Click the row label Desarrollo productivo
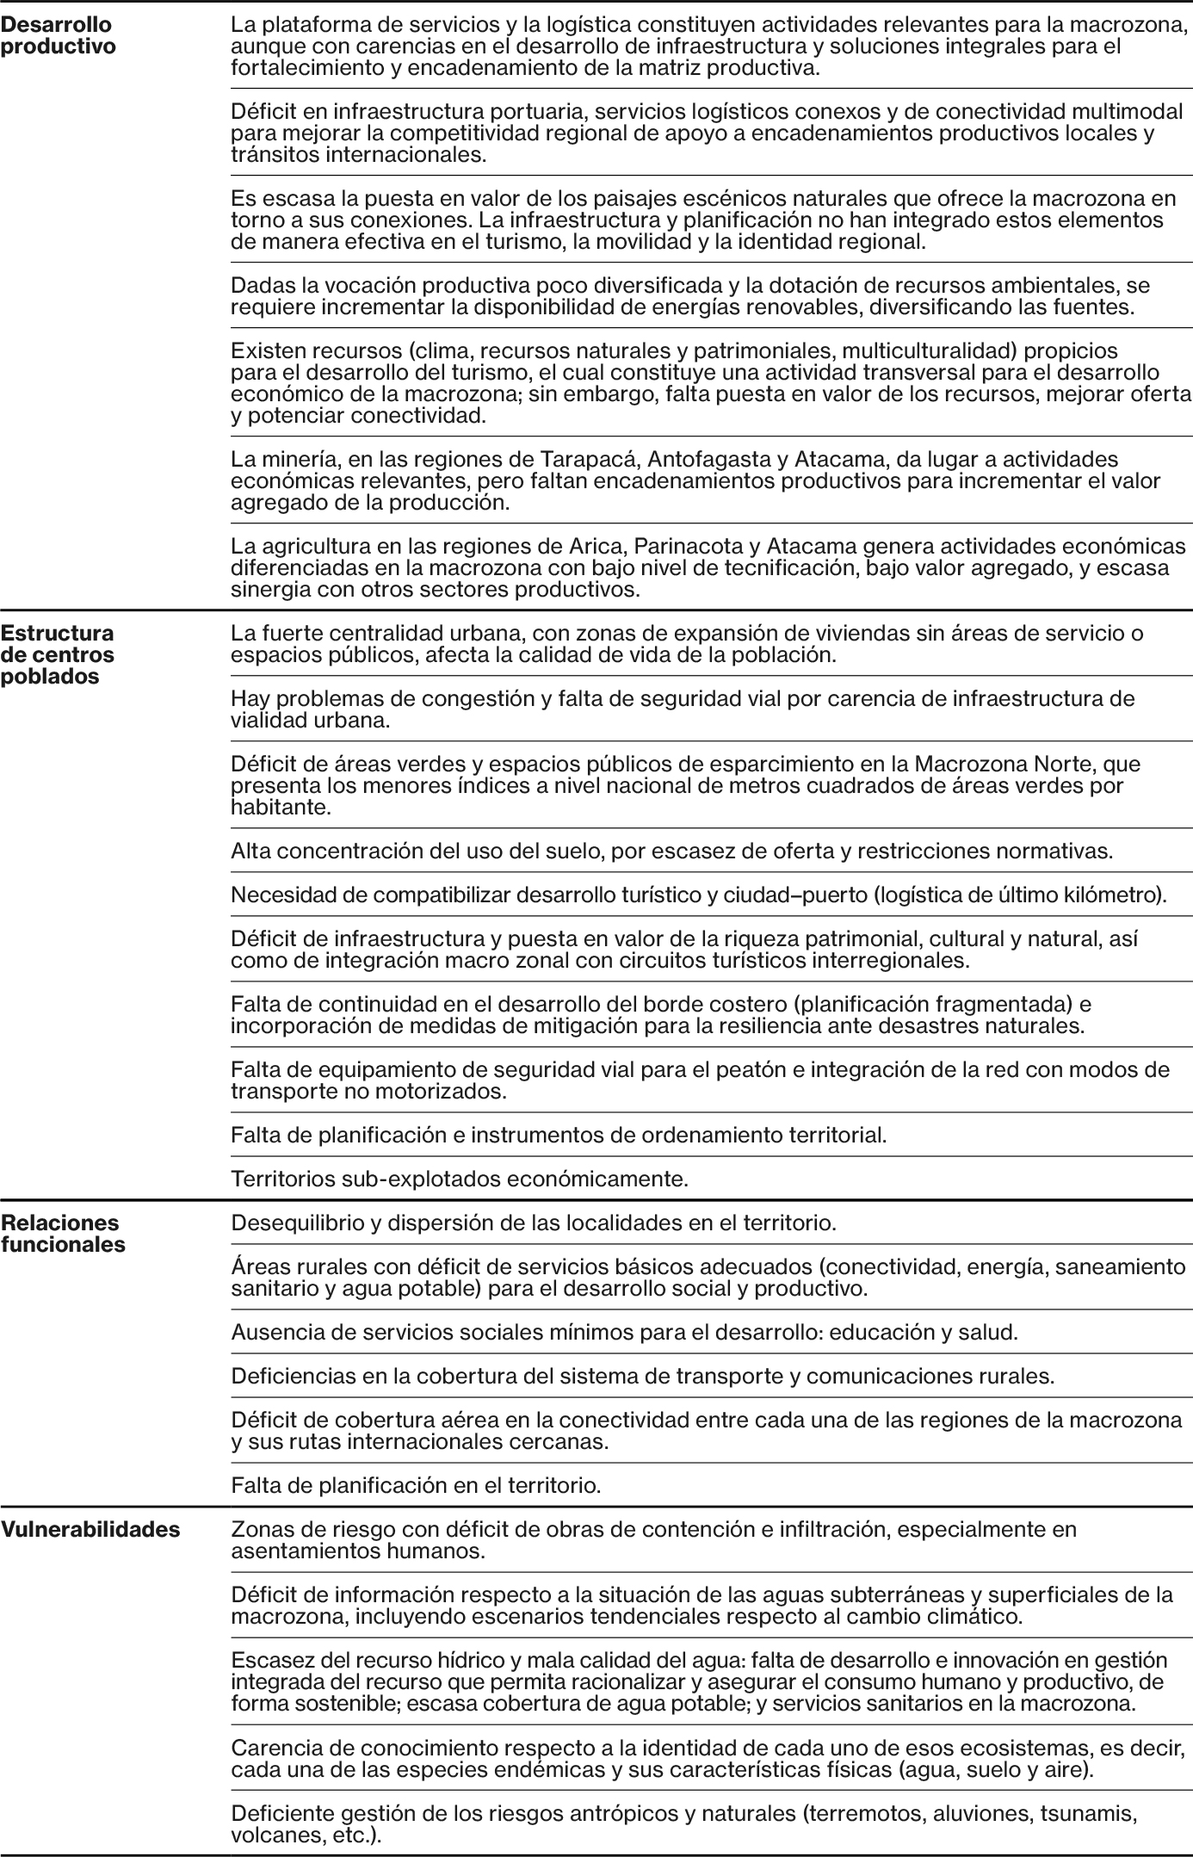click(x=59, y=36)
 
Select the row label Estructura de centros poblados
click(x=58, y=654)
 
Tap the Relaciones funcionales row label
click(x=63, y=1233)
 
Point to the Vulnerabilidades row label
click(x=90, y=1529)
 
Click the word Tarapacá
click(x=586, y=459)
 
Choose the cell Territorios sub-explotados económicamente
click(x=460, y=1179)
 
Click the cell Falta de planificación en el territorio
click(x=416, y=1484)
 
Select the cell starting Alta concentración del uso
click(x=671, y=851)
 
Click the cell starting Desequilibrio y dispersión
click(x=534, y=1223)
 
